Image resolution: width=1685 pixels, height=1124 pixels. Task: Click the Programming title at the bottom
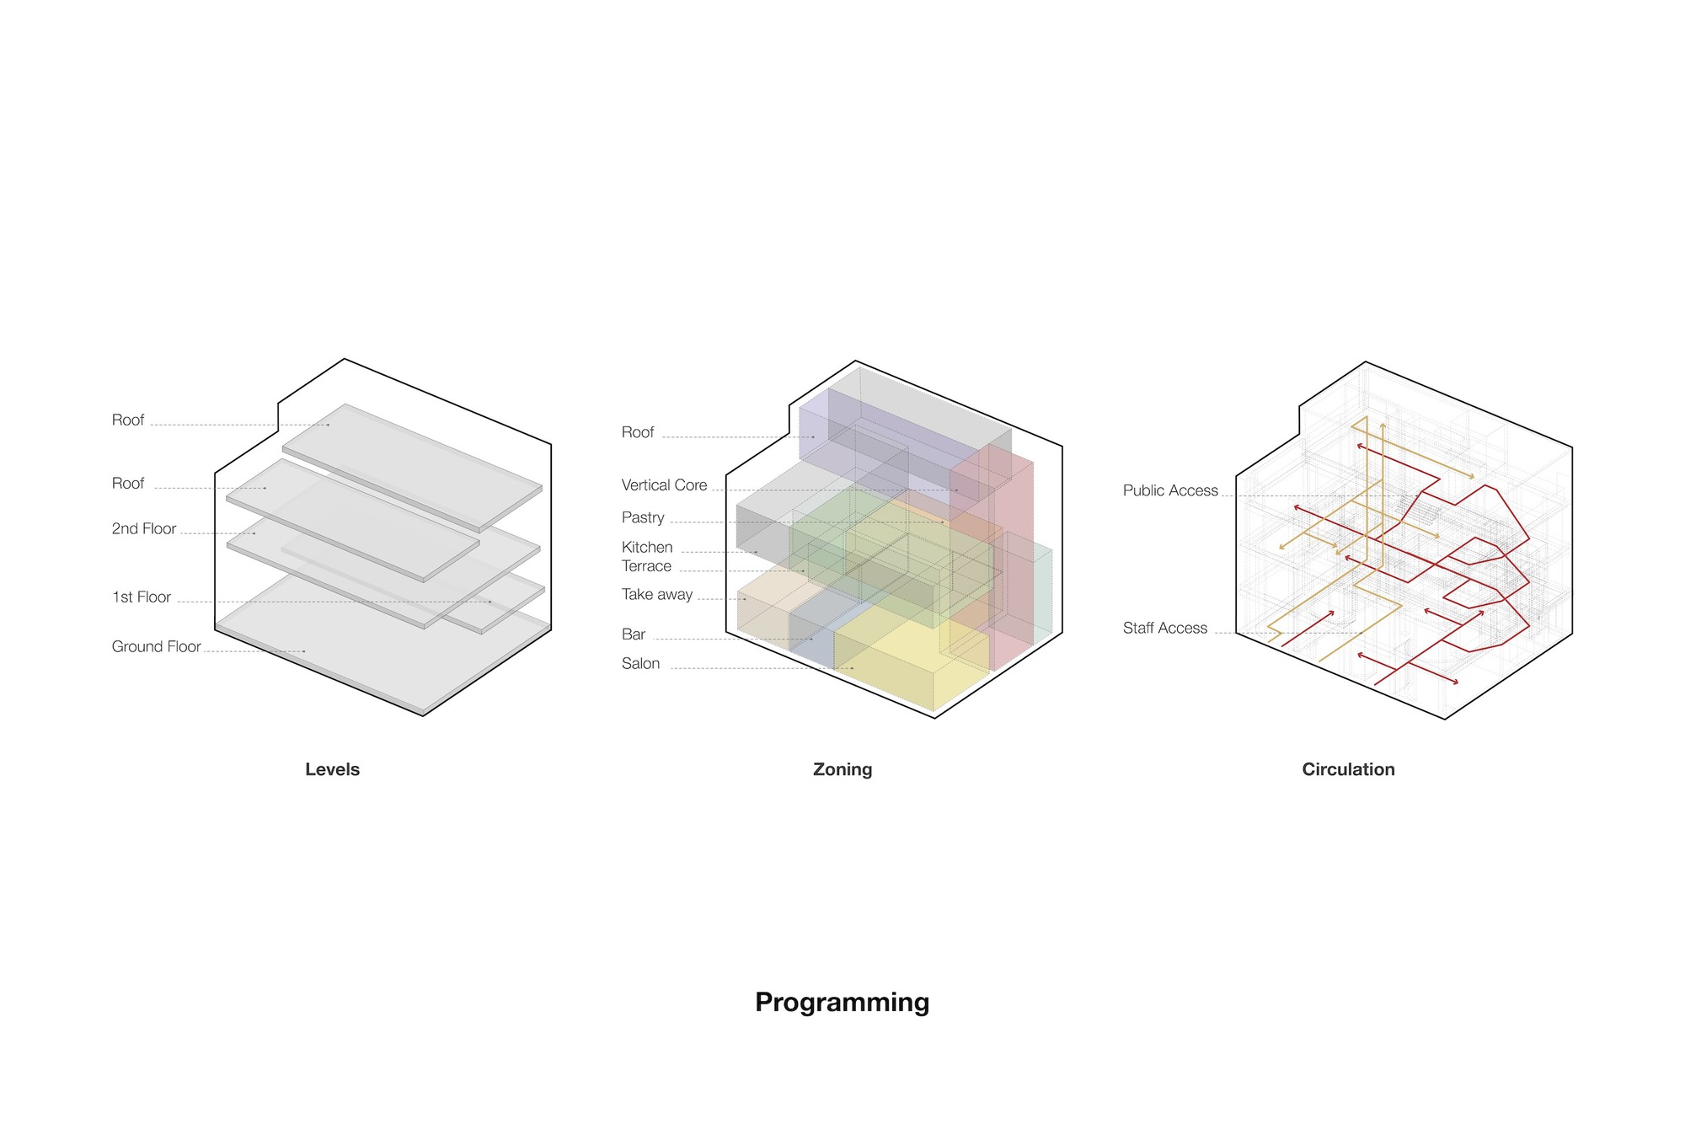842,1002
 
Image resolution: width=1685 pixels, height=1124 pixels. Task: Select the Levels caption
332,769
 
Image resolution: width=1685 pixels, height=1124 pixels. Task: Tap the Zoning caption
842,769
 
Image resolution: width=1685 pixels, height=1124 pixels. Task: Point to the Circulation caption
1348,769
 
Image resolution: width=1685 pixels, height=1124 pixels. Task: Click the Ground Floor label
156,646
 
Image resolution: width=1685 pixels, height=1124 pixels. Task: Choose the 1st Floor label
142,597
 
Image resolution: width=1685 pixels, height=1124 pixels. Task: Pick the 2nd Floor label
144,528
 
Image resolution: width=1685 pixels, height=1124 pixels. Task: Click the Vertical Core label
664,484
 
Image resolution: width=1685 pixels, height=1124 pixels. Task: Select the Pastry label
643,517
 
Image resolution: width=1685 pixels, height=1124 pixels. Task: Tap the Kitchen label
647,547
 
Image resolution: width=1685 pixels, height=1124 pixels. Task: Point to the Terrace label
646,566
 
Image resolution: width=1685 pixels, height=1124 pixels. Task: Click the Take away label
657,594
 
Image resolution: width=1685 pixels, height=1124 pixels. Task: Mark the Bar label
634,634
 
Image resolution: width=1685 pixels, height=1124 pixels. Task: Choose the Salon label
640,663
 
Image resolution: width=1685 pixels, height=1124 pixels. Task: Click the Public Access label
1170,490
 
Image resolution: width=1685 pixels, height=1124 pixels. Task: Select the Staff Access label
1165,628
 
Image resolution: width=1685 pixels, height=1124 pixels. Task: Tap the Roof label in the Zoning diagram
638,432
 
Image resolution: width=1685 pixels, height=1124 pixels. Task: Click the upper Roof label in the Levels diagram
128,420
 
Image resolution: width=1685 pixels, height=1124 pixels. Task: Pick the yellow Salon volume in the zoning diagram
901,666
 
